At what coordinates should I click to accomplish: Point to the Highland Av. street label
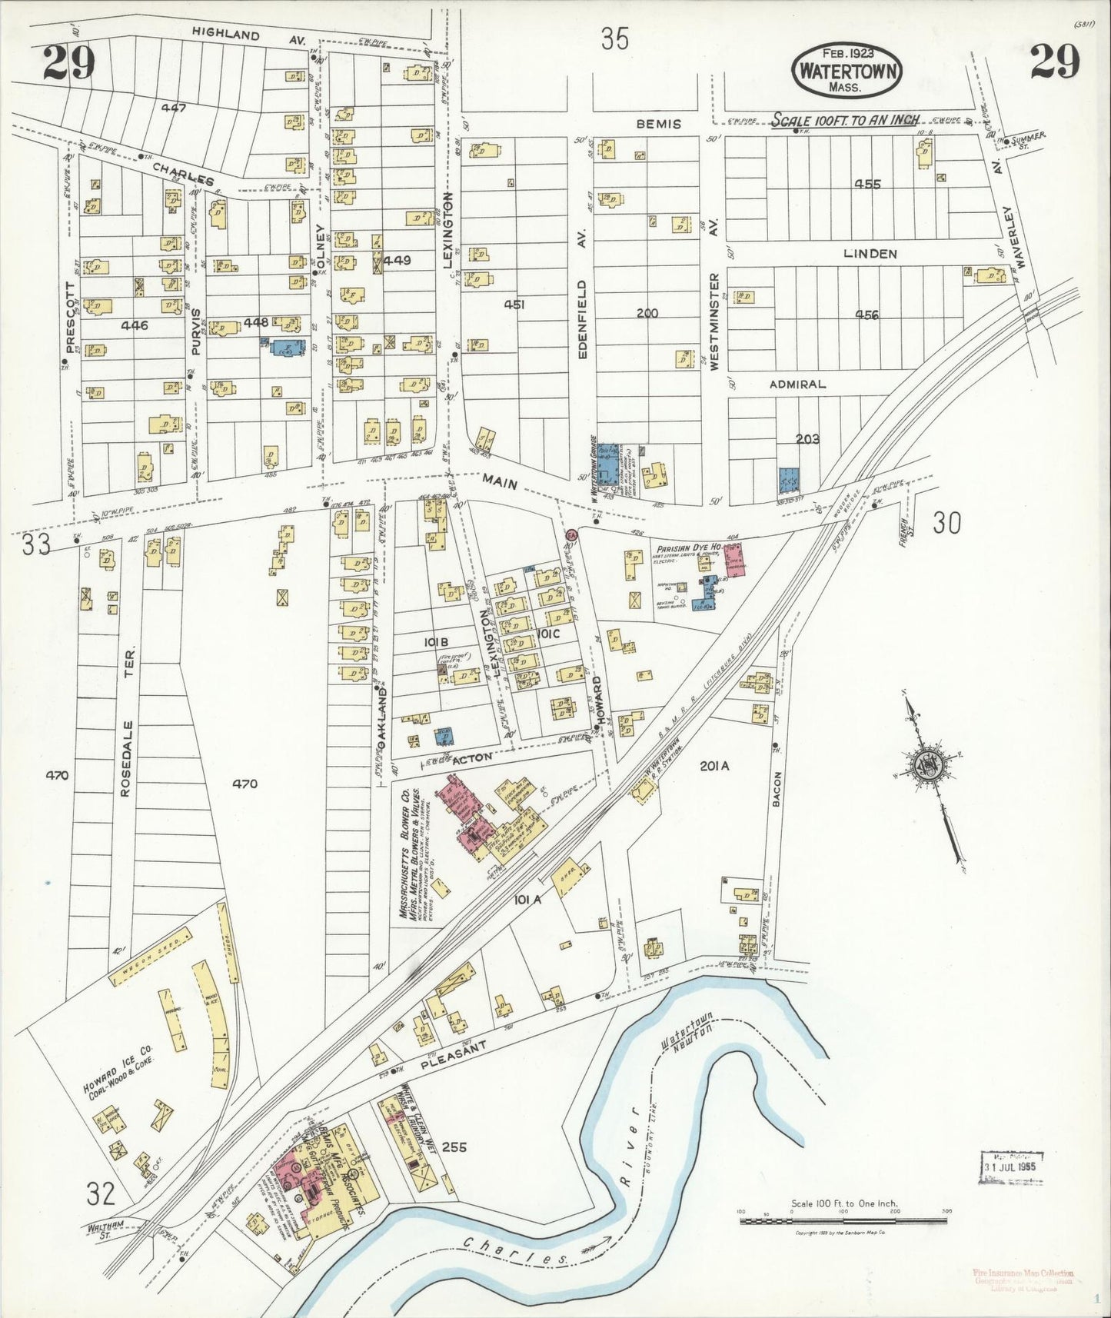pos(238,35)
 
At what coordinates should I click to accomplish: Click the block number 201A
pos(714,765)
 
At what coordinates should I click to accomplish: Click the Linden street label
pos(870,253)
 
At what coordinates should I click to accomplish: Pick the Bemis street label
pos(658,123)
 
